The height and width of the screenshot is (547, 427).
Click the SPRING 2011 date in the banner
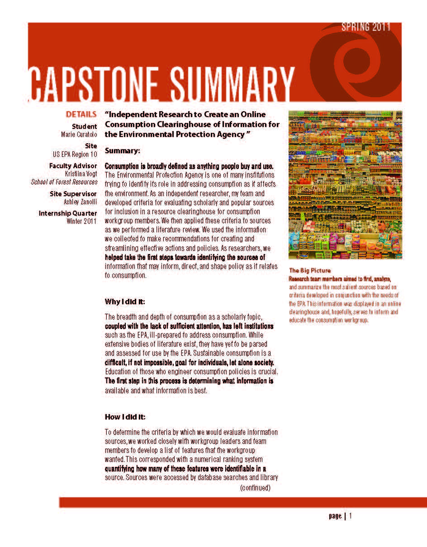(365, 27)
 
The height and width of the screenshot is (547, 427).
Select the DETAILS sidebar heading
(81, 114)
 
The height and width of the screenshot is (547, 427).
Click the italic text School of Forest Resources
(64, 182)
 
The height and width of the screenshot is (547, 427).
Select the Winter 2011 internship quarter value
(81, 221)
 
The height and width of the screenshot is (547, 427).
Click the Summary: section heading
(123, 150)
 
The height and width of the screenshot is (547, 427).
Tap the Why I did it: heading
(125, 302)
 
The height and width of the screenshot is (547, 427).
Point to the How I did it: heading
(125, 417)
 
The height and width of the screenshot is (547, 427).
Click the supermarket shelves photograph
(345, 185)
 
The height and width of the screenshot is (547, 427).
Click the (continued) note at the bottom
(255, 487)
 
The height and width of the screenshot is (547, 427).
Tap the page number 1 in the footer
(350, 516)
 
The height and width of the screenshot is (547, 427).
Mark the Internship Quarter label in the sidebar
(68, 213)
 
